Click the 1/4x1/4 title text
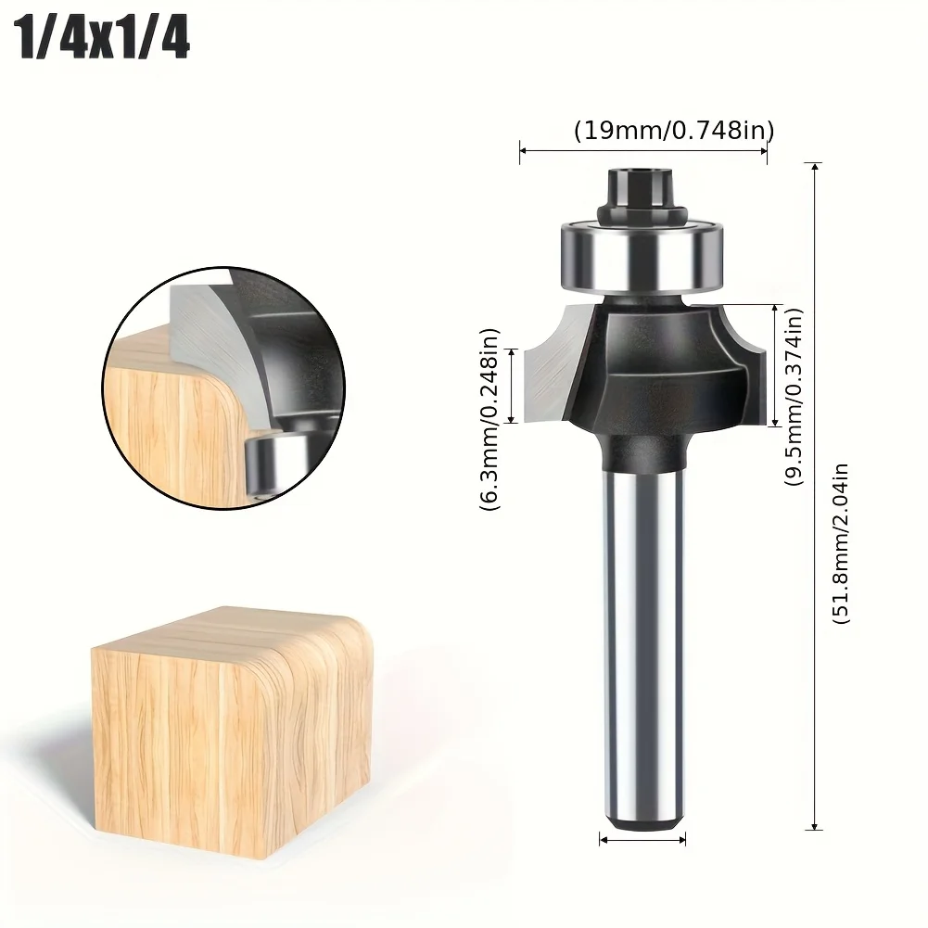point(104,39)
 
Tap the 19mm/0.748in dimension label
point(673,130)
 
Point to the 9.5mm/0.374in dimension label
point(794,397)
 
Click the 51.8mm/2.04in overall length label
point(841,543)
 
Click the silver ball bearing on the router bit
point(642,256)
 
